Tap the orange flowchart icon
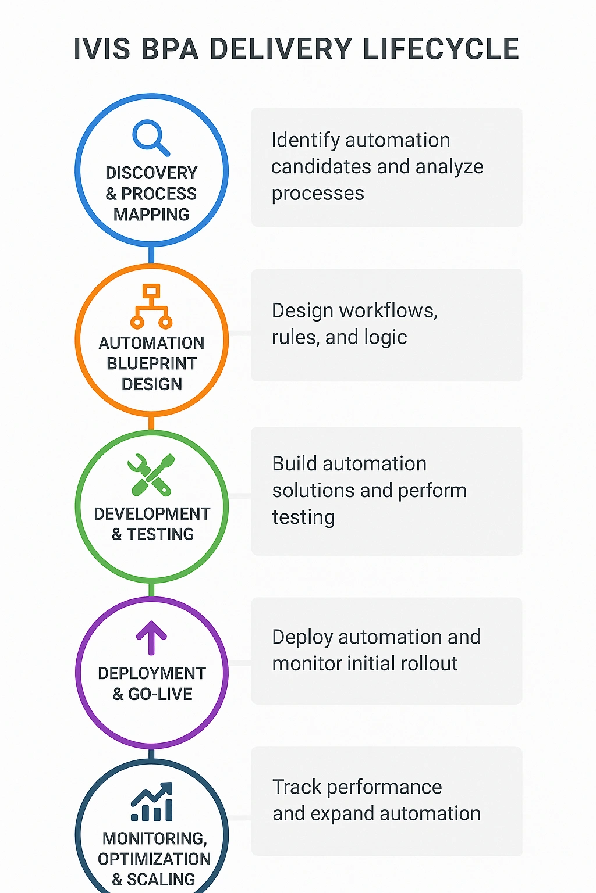[x=151, y=306]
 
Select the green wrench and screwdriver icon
[x=151, y=474]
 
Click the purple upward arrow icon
[x=151, y=638]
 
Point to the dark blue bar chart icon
[x=152, y=802]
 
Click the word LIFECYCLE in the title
[x=441, y=49]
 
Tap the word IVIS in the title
[x=102, y=49]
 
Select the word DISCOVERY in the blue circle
[x=151, y=173]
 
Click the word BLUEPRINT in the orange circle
[x=151, y=363]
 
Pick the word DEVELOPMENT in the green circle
[x=151, y=514]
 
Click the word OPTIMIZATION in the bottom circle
[x=154, y=859]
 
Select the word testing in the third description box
[x=303, y=517]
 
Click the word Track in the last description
[x=297, y=787]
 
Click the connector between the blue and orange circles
[x=151, y=254]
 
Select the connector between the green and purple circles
[x=151, y=588]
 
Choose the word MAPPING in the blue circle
[x=151, y=215]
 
